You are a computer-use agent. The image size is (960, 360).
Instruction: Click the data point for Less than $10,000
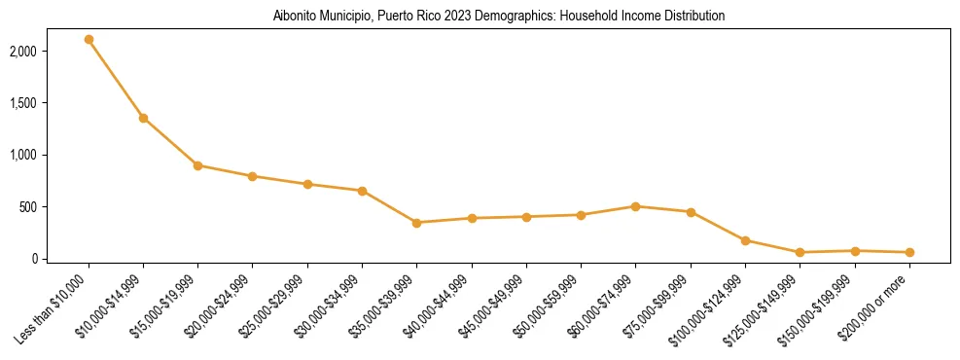tap(89, 39)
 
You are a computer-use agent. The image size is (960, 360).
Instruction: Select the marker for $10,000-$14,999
tap(143, 118)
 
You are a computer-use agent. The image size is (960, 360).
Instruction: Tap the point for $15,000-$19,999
tap(197, 165)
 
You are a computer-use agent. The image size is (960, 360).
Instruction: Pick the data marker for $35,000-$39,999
tap(416, 223)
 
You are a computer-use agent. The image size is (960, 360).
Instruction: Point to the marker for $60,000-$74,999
tap(635, 206)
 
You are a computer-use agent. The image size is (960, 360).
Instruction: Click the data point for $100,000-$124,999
tap(745, 240)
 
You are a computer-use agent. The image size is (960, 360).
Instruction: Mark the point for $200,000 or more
tap(909, 252)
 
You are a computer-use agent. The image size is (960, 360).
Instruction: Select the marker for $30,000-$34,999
tap(362, 191)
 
